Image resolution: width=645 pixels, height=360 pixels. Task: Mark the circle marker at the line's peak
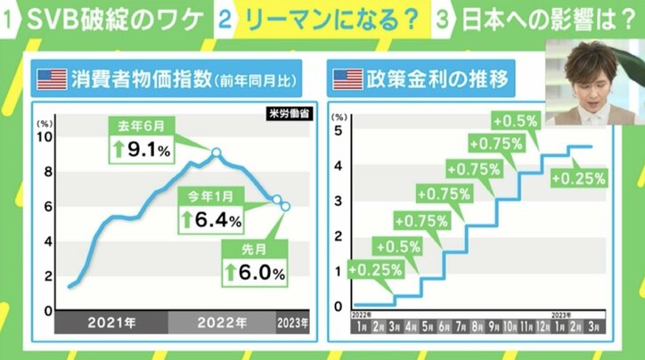[216, 152]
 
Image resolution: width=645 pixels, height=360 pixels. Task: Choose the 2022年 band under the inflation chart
[223, 321]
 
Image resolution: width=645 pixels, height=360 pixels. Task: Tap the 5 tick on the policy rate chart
[337, 131]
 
